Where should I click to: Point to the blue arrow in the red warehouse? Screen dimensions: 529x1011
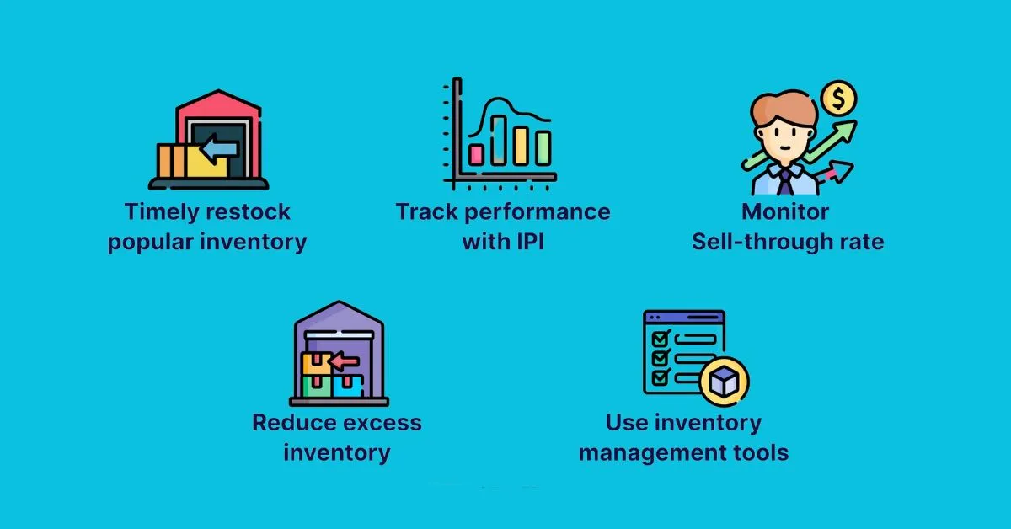[222, 149]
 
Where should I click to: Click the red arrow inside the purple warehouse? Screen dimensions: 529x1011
[344, 361]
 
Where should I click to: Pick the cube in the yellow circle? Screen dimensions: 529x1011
[724, 383]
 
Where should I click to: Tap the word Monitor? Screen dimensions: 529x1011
[785, 211]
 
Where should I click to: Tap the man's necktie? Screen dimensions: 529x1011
[785, 180]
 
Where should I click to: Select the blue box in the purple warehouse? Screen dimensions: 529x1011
[347, 387]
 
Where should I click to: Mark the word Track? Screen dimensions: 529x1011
[427, 211]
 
